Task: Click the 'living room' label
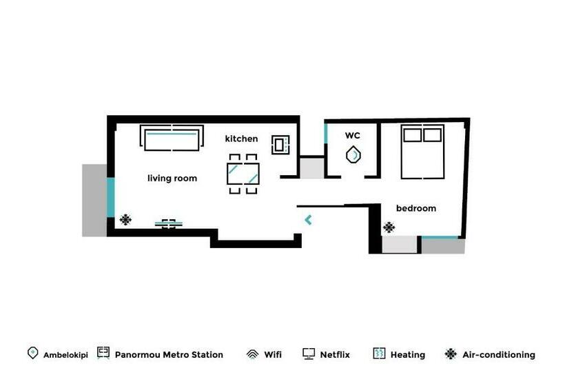[172, 179]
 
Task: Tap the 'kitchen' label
[241, 139]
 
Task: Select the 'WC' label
[352, 136]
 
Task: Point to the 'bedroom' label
[415, 208]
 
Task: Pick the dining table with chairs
[243, 174]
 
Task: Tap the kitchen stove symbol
[281, 145]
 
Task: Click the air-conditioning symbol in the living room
[125, 220]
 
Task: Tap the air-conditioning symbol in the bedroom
[389, 226]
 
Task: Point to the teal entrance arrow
[308, 220]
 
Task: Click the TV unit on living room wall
[169, 223]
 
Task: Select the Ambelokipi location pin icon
[32, 353]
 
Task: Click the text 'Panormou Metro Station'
[169, 355]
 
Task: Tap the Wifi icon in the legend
[252, 354]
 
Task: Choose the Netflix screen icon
[309, 354]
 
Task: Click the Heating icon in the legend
[379, 354]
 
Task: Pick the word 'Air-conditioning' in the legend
[499, 355]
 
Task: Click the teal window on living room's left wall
[110, 197]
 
